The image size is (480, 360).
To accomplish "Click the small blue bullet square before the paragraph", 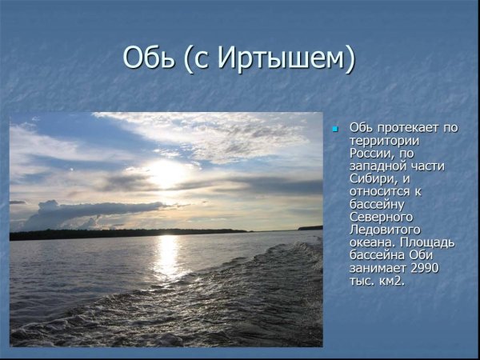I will pos(335,129).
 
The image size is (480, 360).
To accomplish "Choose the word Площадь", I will pos(427,242).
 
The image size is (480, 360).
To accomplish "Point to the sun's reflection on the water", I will pos(167,256).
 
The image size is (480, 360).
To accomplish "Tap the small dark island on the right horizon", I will pos(310,228).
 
